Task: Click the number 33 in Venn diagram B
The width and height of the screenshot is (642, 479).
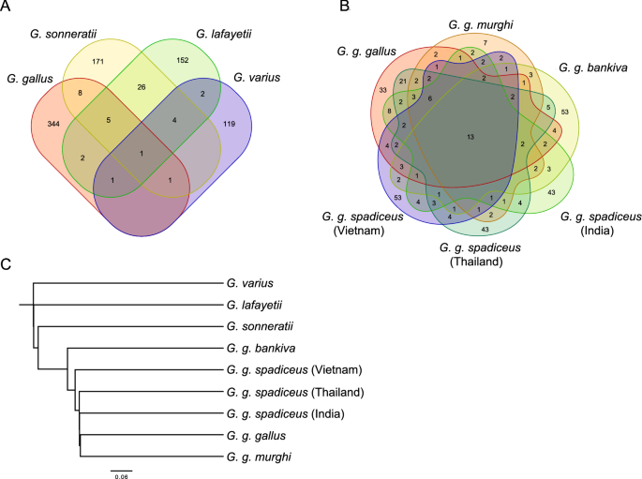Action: [381, 91]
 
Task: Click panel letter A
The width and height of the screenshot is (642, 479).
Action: [7, 7]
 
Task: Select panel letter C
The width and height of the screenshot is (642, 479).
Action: [7, 265]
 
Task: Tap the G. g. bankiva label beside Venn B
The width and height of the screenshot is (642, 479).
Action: [592, 67]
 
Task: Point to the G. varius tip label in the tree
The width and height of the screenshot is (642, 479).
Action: [250, 282]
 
